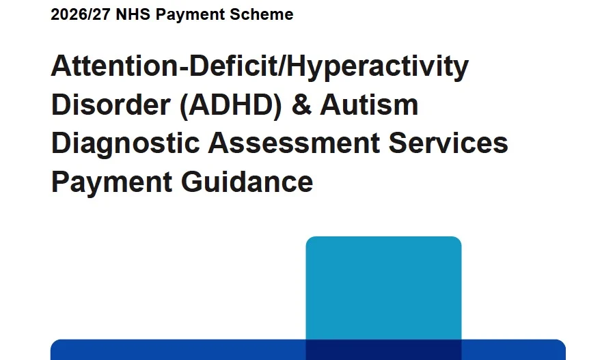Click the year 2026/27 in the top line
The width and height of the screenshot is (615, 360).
click(81, 14)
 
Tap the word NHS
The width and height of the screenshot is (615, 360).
click(133, 14)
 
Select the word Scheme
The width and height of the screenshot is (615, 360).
click(261, 14)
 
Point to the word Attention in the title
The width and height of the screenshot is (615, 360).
click(115, 66)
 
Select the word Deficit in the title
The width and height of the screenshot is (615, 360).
click(234, 65)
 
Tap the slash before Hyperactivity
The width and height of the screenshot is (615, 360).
click(282, 65)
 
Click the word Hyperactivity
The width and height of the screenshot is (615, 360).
click(378, 68)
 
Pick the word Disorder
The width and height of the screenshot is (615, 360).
click(111, 105)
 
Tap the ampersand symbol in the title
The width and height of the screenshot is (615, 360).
click(301, 105)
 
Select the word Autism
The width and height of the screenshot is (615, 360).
click(369, 105)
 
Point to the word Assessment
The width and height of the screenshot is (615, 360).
click(294, 143)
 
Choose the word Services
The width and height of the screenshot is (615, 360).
click(448, 143)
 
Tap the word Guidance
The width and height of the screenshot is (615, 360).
click(247, 182)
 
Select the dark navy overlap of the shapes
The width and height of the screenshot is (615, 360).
click(383, 350)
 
